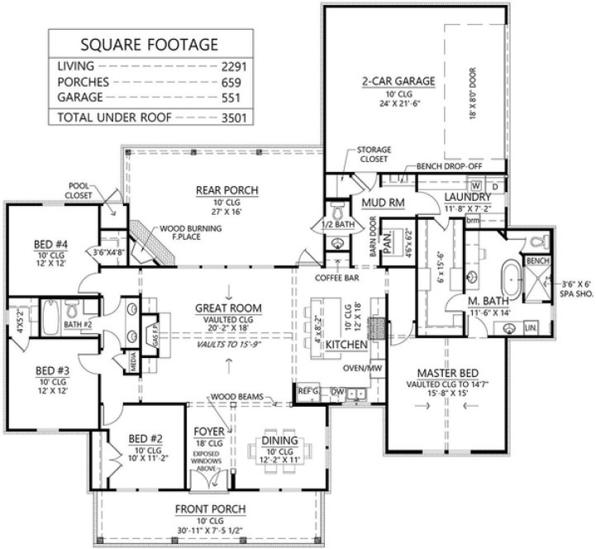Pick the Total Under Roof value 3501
(x=233, y=117)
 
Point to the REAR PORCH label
(x=215, y=190)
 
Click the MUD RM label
(x=381, y=203)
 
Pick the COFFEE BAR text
(x=337, y=279)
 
